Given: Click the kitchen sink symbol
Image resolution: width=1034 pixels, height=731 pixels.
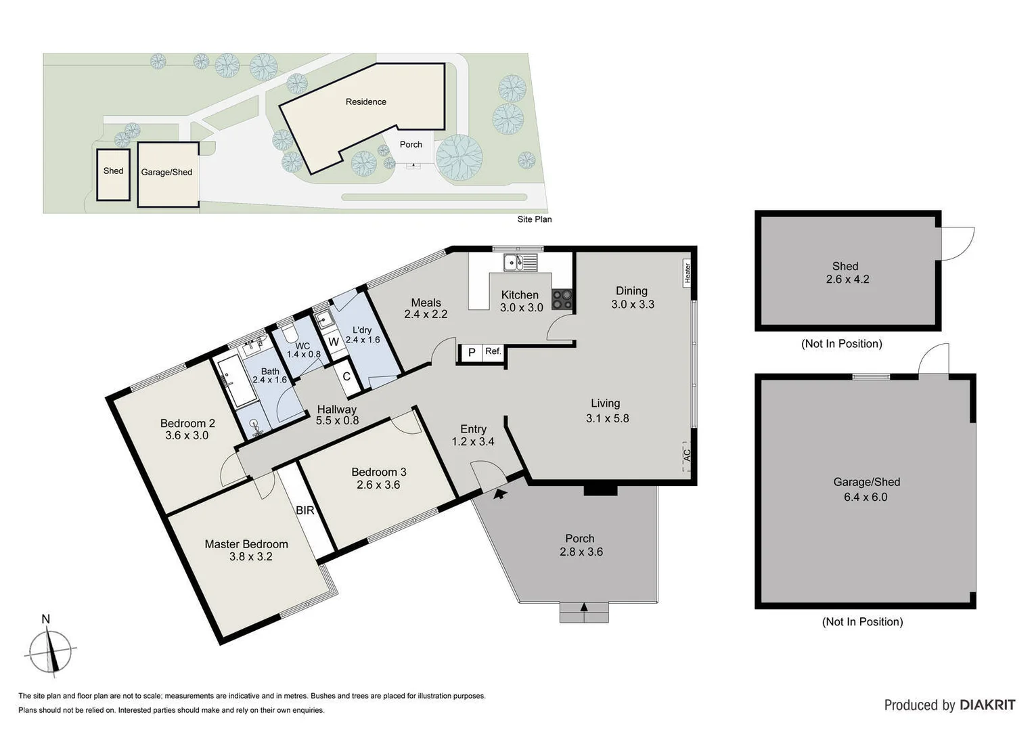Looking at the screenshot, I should [x=520, y=262].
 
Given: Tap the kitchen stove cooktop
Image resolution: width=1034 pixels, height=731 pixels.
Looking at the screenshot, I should [x=562, y=299].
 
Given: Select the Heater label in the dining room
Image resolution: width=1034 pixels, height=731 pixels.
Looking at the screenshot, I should [x=688, y=272].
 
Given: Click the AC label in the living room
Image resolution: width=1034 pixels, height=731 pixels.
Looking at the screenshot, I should [x=687, y=456].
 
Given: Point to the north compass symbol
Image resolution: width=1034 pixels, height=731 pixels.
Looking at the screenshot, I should [x=49, y=650].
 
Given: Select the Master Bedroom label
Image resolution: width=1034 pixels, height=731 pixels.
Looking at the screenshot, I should [x=246, y=544].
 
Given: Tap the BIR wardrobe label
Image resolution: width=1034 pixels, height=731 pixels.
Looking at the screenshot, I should [x=305, y=510].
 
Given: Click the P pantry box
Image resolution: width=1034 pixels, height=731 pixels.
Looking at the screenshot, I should [x=472, y=353].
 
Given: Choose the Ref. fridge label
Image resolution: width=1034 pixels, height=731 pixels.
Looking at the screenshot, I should [x=493, y=351].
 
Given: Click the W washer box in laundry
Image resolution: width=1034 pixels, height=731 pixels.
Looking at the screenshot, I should [x=334, y=342].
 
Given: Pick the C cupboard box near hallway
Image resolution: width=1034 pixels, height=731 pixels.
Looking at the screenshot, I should [x=346, y=376].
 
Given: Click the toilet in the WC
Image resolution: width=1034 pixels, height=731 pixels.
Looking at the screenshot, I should [x=290, y=332].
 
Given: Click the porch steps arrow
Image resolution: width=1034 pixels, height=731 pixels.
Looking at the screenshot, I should [x=584, y=607].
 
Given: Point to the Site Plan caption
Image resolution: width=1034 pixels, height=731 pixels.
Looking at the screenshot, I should [x=534, y=219].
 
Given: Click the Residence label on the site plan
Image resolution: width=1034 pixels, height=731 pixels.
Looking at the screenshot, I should [x=365, y=102].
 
